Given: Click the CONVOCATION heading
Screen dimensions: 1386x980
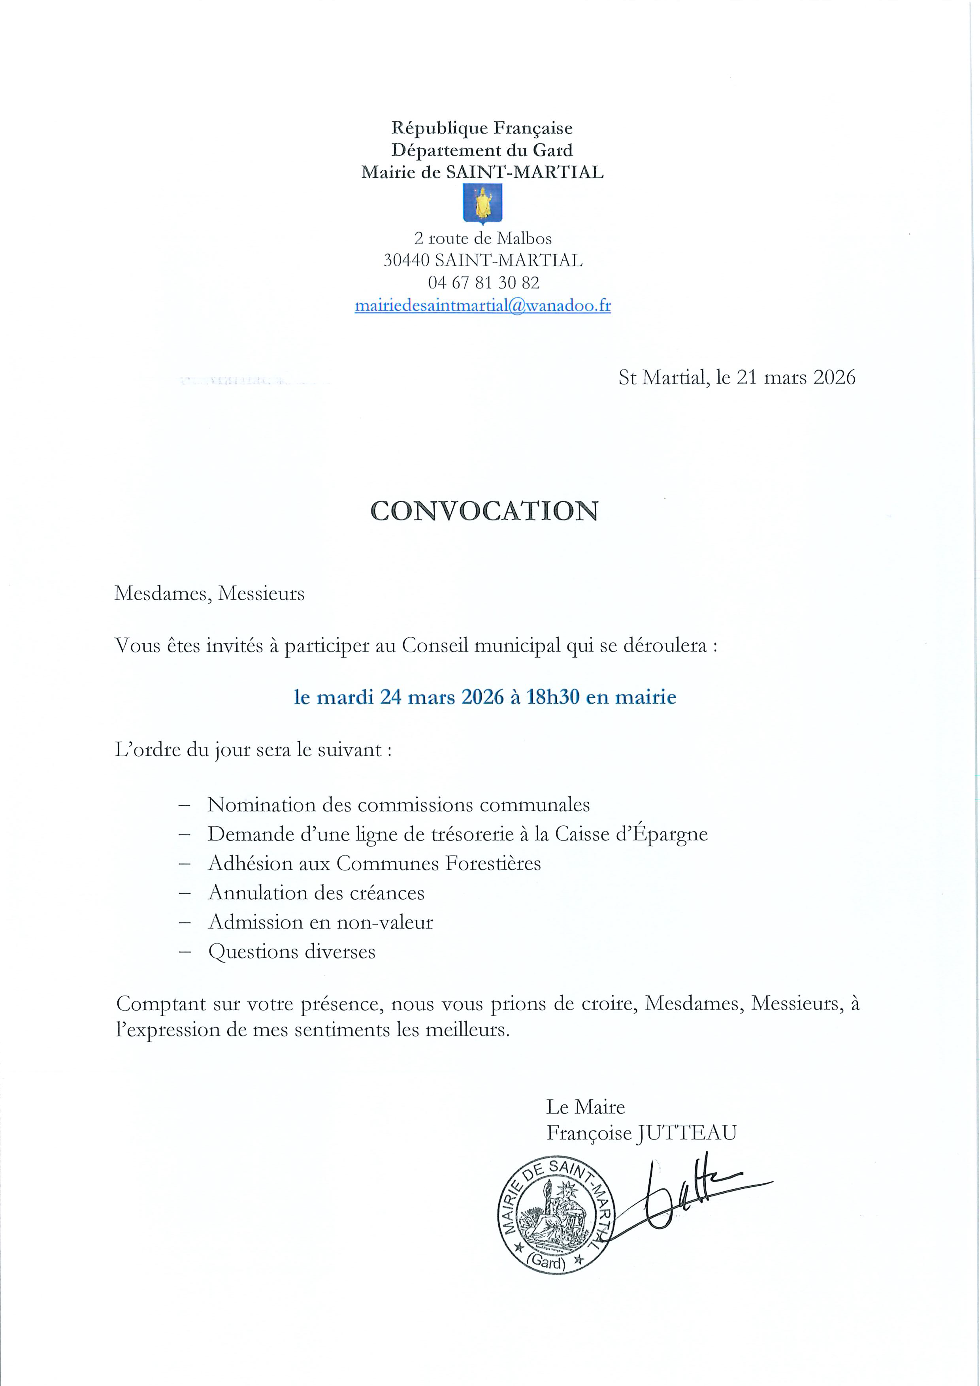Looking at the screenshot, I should click(484, 511).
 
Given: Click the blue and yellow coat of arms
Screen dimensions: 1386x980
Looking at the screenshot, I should click(482, 204).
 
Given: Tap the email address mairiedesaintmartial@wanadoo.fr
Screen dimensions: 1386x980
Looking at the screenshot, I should click(482, 305).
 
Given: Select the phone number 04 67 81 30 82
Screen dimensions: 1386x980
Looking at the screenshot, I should click(483, 282).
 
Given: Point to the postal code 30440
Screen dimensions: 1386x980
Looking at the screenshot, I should click(406, 260).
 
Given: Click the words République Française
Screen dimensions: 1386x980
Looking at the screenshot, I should click(482, 128).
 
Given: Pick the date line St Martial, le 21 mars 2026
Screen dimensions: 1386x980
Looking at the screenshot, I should click(737, 377).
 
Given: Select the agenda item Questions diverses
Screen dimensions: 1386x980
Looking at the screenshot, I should click(292, 952).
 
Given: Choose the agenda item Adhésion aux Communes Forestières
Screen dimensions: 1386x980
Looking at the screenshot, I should click(374, 863).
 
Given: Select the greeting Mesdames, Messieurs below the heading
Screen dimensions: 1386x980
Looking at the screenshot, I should click(209, 594).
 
